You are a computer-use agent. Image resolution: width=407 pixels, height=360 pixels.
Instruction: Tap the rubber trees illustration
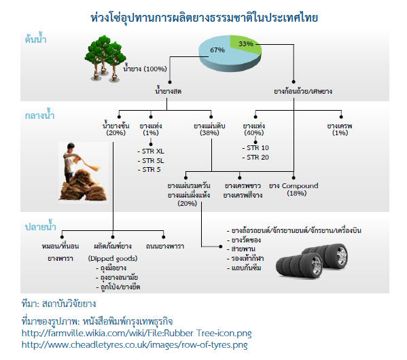pos(105,58)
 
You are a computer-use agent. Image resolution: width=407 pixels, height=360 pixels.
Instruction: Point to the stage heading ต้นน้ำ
pos(35,39)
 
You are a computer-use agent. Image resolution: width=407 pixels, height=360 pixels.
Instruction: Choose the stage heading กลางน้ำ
pos(39,115)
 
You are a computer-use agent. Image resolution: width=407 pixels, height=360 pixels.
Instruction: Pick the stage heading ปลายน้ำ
pos(41,226)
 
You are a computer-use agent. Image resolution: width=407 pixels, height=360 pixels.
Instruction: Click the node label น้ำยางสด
pos(168,91)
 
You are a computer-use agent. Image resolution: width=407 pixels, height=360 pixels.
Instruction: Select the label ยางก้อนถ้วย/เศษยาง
pos(303,92)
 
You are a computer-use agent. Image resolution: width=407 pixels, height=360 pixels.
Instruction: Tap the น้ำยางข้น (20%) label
pos(116,129)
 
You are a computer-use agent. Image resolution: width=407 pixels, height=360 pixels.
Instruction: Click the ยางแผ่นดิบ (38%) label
pos(209,129)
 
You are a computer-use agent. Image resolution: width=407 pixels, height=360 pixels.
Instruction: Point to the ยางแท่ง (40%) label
pos(254,129)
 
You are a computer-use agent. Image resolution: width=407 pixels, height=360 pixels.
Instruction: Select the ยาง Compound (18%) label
pos(294,190)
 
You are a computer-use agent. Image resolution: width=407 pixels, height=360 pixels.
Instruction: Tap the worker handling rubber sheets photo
pos(84,172)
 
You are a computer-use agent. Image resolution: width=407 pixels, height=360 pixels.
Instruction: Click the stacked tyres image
pos(311,261)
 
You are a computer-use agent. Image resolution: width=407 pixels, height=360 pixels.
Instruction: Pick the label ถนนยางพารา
pos(165,246)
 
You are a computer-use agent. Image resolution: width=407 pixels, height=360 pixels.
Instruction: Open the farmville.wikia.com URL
pos(137,333)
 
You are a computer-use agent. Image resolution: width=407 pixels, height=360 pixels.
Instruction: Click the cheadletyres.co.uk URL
pos(135,344)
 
